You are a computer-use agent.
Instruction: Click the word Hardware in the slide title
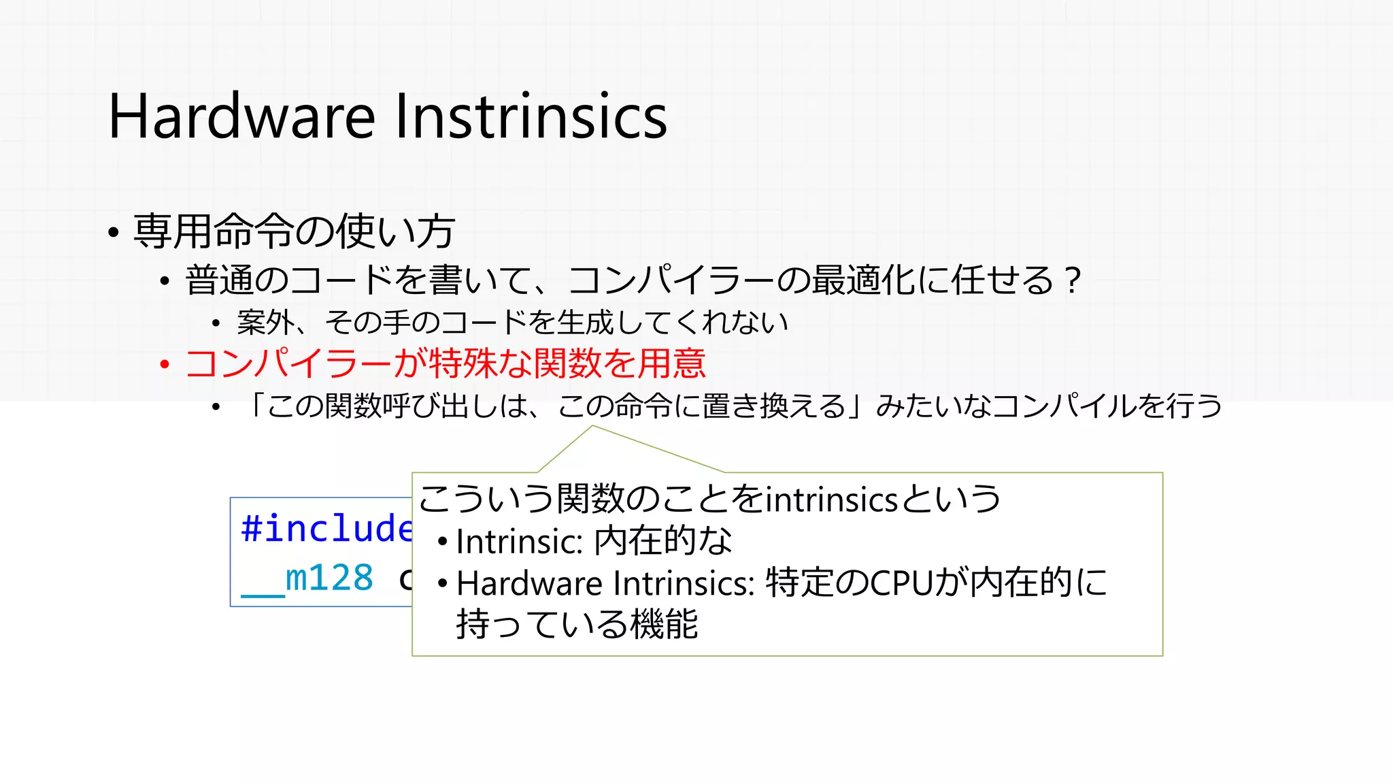pyautogui.click(x=241, y=117)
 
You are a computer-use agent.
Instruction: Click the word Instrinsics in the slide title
pyautogui.click(x=531, y=117)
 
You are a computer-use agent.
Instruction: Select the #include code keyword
pyautogui.click(x=326, y=529)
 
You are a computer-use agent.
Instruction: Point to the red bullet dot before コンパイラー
pyautogui.click(x=164, y=365)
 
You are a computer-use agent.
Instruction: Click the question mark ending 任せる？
pyautogui.click(x=1073, y=280)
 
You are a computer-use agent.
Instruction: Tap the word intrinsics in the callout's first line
pyautogui.click(x=832, y=500)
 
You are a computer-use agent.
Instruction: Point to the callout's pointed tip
pyautogui.click(x=592, y=427)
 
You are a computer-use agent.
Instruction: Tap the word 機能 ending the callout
pyautogui.click(x=665, y=624)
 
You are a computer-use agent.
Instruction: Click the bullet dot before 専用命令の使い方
pyautogui.click(x=114, y=233)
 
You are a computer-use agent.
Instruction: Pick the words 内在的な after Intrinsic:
pyautogui.click(x=663, y=542)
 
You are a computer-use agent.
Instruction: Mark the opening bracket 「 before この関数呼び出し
pyautogui.click(x=256, y=406)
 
